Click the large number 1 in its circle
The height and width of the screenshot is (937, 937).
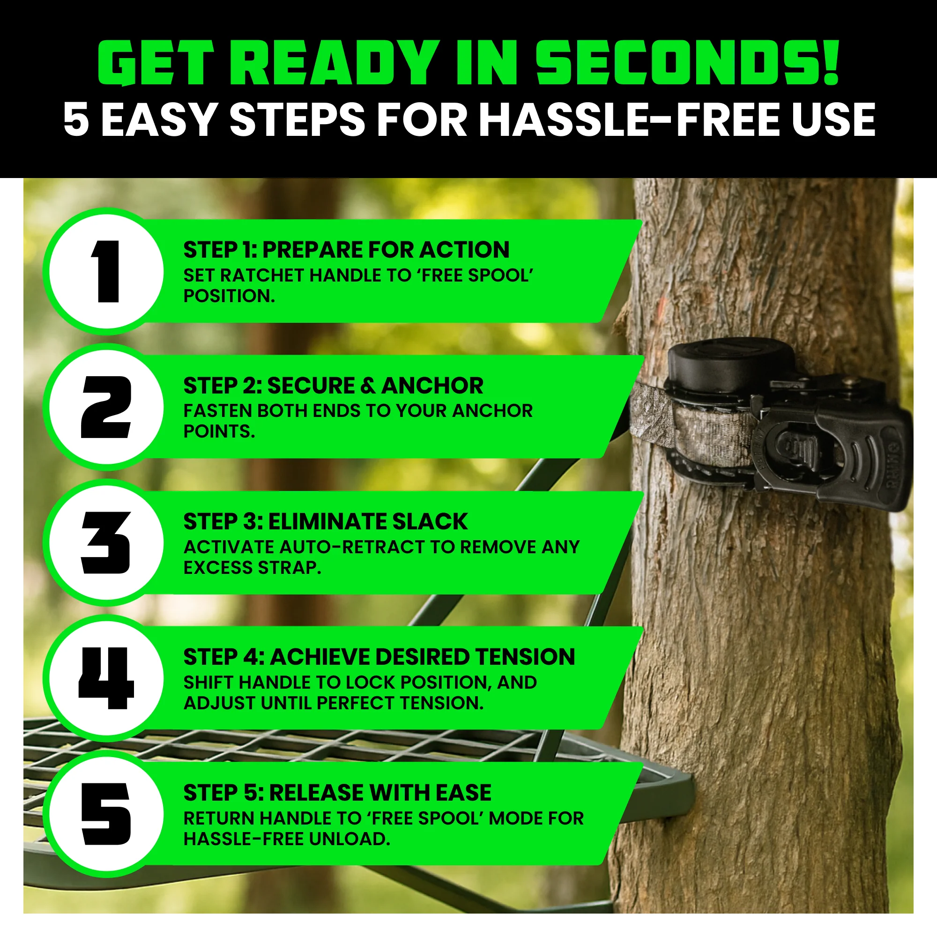pos(107,271)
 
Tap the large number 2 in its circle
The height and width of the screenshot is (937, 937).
pos(106,407)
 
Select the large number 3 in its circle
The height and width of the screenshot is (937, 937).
pos(106,543)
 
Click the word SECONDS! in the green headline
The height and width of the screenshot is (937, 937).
pos(687,63)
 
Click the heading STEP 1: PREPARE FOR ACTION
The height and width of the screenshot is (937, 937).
pos(346,250)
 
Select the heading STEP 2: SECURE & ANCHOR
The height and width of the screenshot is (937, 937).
pos(333,386)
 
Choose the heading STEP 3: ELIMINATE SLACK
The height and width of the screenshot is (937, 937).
pos(325,521)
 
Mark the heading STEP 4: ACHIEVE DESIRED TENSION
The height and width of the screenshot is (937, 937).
pos(379,657)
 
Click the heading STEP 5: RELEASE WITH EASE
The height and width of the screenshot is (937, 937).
pos(337,793)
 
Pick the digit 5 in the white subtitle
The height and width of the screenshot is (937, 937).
pos(77,120)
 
